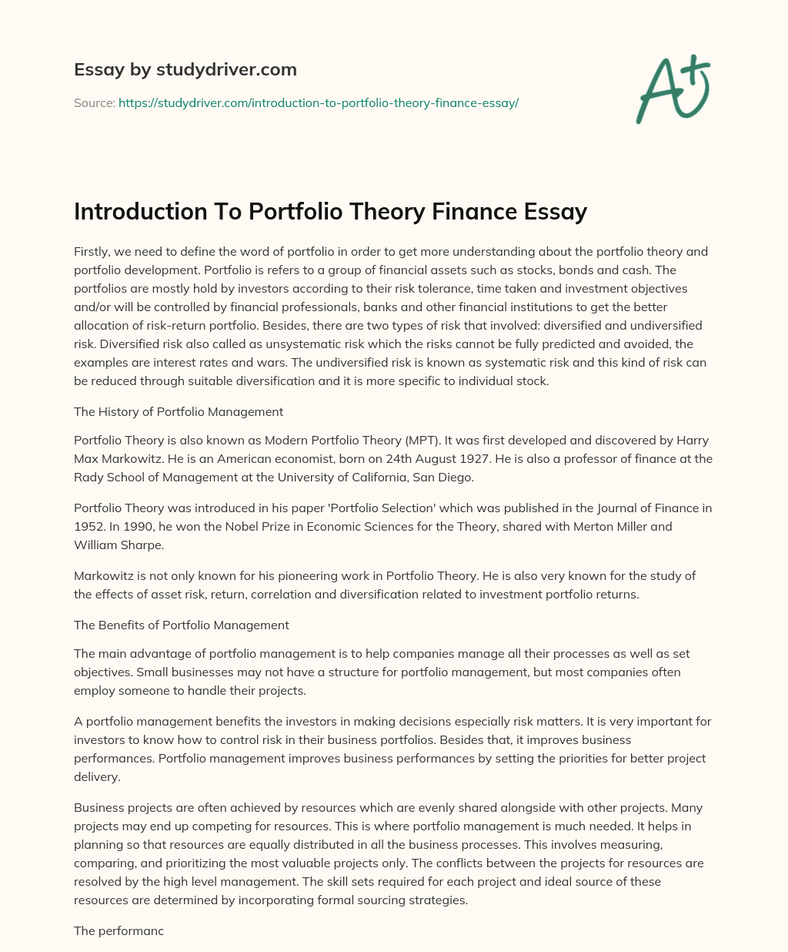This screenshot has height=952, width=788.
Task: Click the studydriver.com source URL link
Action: pyautogui.click(x=319, y=102)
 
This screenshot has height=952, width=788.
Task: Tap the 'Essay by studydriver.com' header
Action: pyautogui.click(x=185, y=69)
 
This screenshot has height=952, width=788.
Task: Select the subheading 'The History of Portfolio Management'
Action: pyautogui.click(x=179, y=411)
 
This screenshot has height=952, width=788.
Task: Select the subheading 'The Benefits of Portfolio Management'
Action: pyautogui.click(x=182, y=625)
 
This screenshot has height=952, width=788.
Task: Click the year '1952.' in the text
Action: pyautogui.click(x=91, y=527)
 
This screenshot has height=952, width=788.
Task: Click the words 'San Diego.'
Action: pyautogui.click(x=447, y=478)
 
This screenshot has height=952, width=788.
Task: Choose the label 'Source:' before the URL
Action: pyautogui.click(x=94, y=102)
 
